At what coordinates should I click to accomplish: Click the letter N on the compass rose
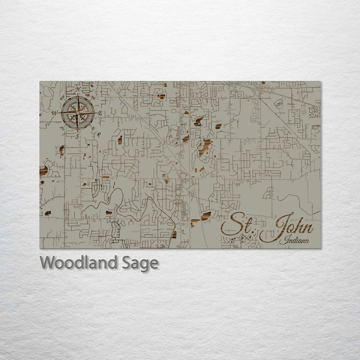[77, 90]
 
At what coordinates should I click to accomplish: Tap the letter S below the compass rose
[77, 136]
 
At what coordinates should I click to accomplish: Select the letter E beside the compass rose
[99, 113]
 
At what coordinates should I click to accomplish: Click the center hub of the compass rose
[77, 113]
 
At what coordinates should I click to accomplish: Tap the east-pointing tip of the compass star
[94, 113]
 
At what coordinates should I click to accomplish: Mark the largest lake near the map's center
[204, 146]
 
